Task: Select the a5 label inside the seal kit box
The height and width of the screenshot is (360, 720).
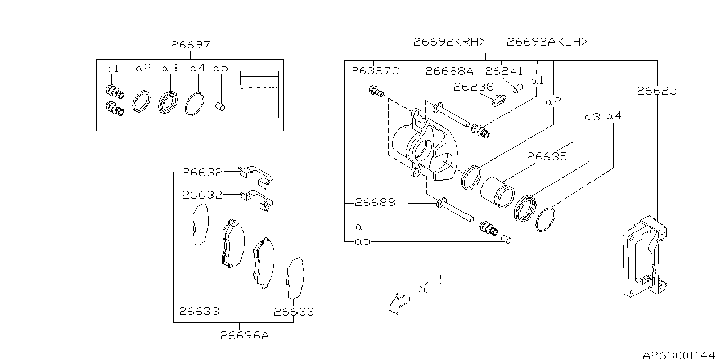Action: pos(220,68)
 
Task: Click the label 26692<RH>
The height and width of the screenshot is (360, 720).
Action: pos(449,42)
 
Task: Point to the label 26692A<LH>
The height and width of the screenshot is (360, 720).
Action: pos(547,42)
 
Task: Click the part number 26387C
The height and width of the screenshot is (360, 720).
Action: pos(375,71)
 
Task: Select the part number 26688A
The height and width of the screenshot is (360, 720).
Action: pos(449,71)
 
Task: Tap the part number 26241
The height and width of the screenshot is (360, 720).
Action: pos(504,71)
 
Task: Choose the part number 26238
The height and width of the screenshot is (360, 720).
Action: pos(474,87)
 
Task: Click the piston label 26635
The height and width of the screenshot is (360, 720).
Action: pos(547,157)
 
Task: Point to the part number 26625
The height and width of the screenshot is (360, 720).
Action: pos(656,91)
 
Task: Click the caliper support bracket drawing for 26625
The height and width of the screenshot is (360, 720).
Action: pos(645,255)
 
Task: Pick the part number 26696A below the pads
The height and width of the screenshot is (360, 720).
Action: pos(244,336)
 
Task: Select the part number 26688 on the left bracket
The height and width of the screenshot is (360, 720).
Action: pos(375,202)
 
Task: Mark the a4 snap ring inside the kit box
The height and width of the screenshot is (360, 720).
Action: pos(195,103)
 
